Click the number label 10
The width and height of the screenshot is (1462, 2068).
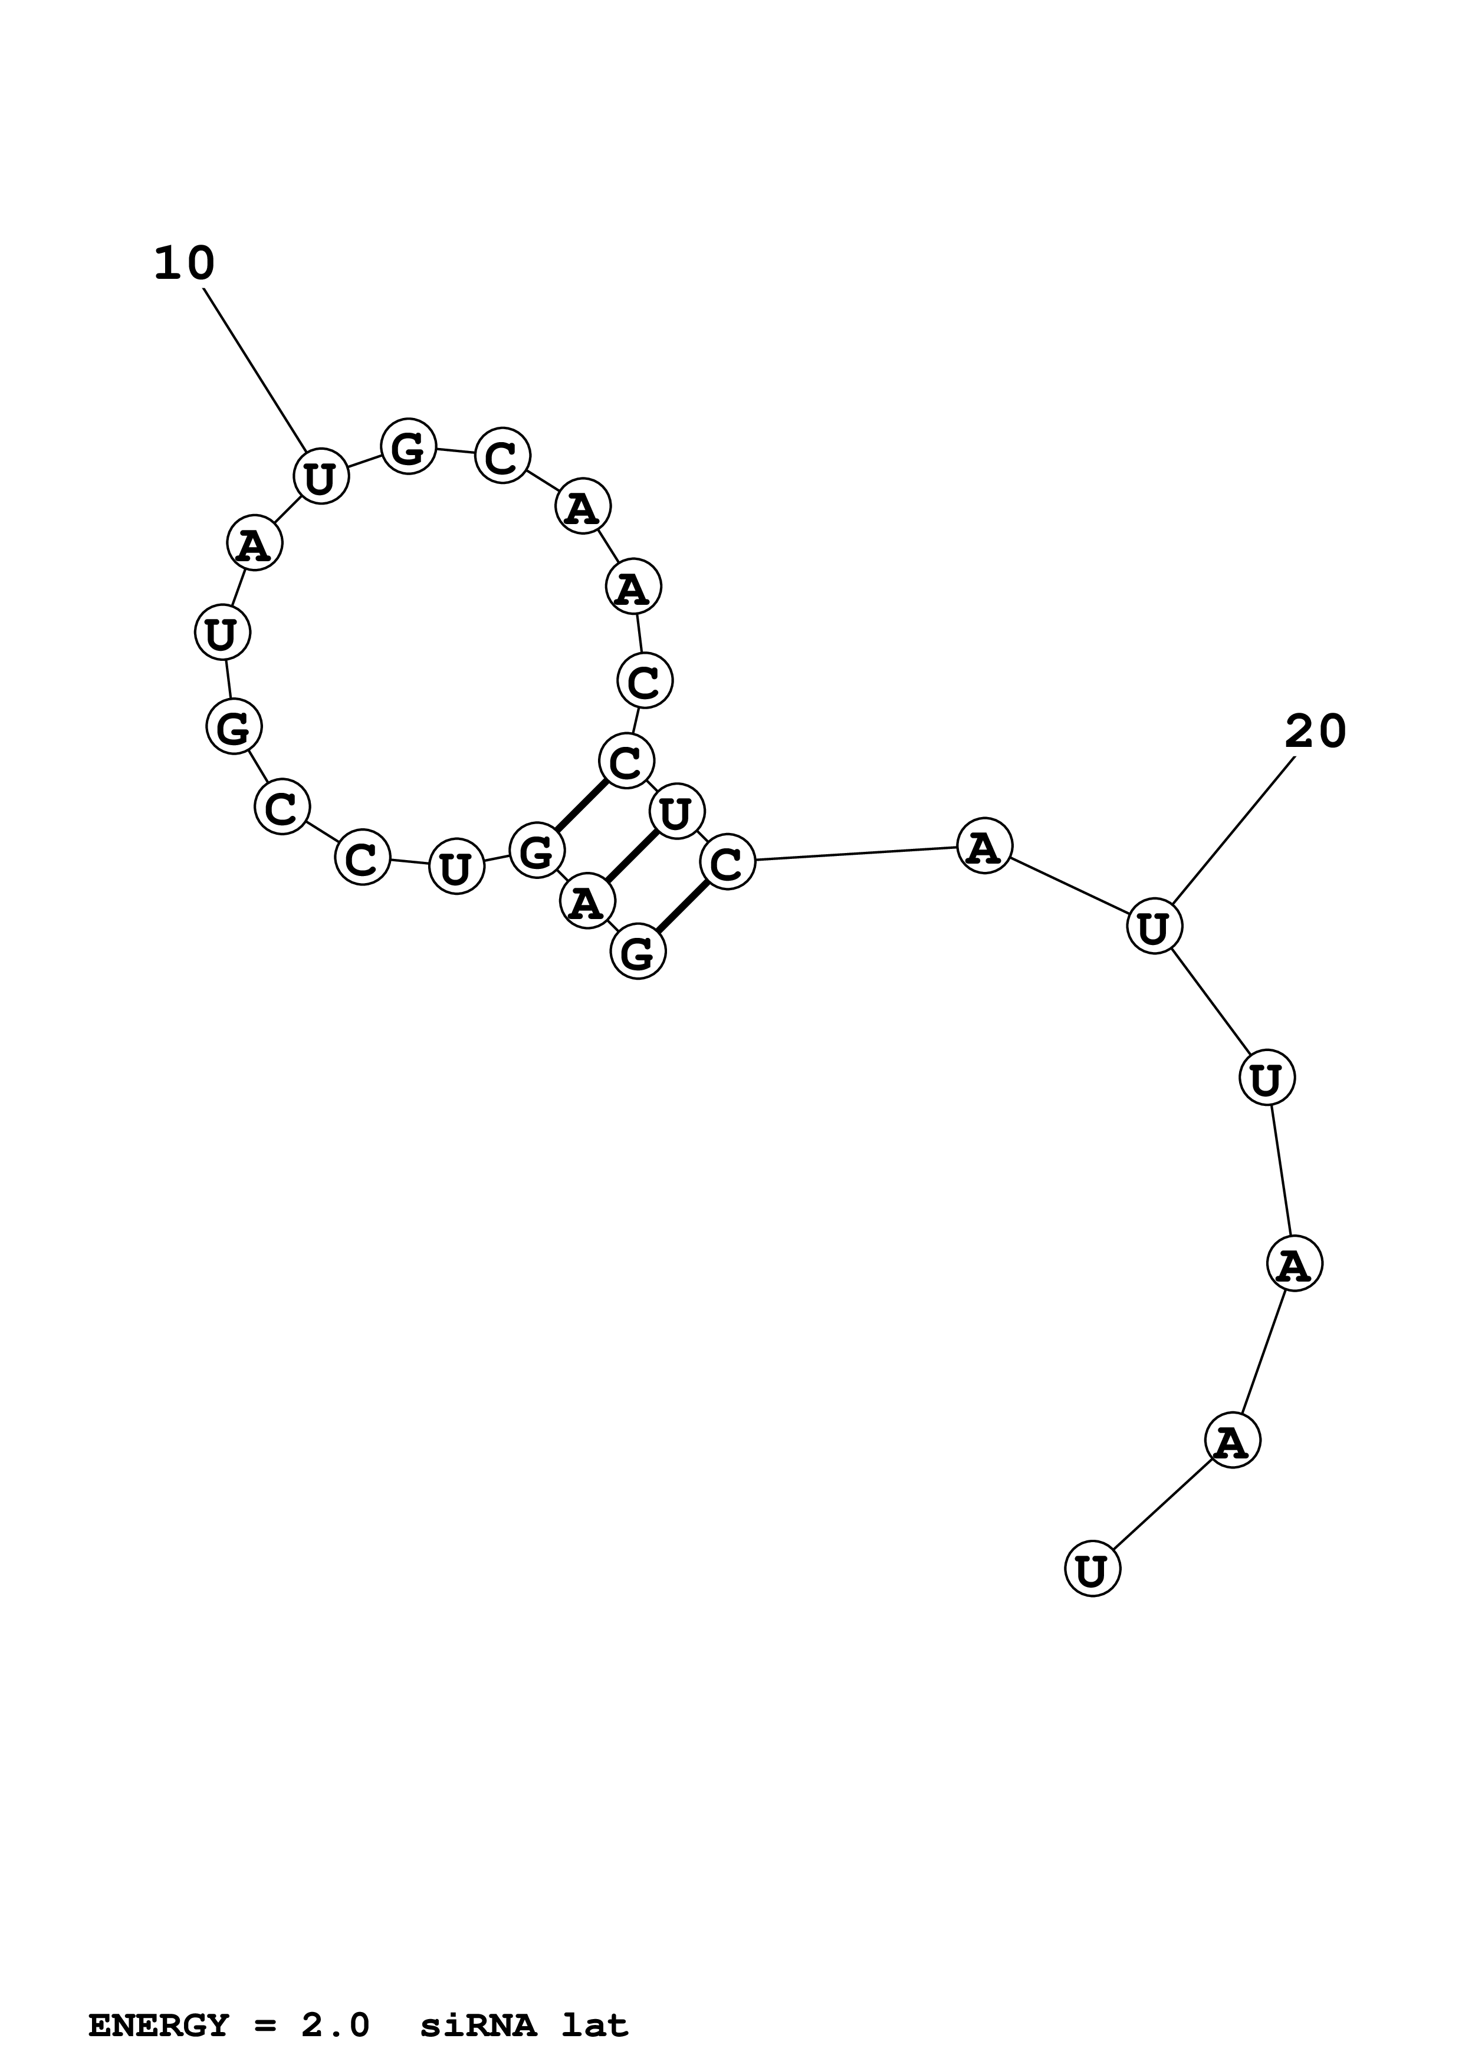(185, 264)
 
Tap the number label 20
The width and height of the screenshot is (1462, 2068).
(1315, 732)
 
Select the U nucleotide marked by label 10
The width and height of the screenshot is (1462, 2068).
(321, 476)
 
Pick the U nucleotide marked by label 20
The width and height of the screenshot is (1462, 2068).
(1154, 927)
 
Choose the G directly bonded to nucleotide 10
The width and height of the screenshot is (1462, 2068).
(409, 447)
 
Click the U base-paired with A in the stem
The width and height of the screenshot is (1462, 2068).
(676, 812)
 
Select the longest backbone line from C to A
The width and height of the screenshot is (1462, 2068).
(856, 853)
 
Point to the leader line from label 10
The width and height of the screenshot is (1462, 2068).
(255, 369)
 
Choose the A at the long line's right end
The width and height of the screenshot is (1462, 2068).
(984, 847)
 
